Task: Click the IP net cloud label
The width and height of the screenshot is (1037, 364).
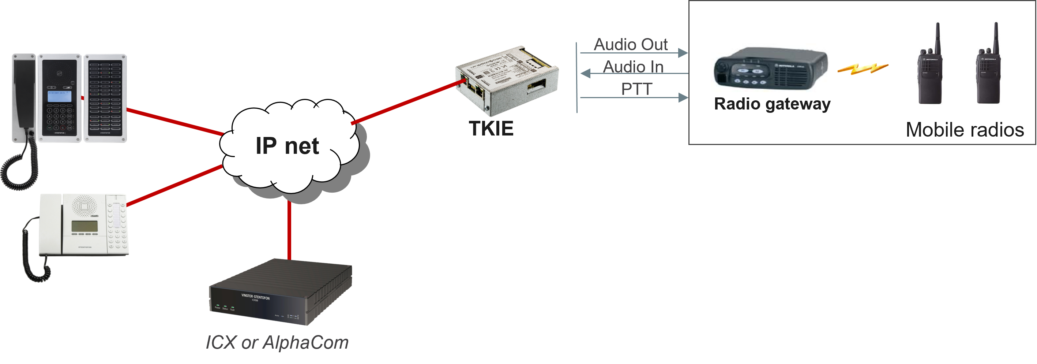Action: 288,146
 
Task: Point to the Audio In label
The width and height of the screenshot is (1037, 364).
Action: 633,67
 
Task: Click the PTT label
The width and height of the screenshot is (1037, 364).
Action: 636,89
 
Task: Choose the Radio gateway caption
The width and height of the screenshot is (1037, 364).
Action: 772,104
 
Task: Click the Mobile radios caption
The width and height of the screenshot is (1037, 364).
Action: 965,130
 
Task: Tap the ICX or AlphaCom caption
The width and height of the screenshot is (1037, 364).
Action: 277,343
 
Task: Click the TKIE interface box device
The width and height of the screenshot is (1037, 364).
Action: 507,81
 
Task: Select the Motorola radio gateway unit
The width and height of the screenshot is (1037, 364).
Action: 771,68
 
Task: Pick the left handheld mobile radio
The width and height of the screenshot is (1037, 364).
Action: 929,64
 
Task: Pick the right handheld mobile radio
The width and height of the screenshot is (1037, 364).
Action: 988,64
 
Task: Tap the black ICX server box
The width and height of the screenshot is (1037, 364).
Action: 281,292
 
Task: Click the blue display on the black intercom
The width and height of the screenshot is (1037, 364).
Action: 60,96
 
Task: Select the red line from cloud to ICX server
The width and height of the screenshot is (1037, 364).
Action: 289,230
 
